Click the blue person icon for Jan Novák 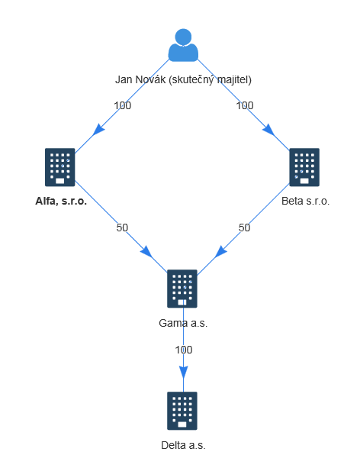coord(183,45)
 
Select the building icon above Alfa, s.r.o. coord(60,167)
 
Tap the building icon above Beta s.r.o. coord(304,167)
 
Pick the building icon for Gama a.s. coord(182,289)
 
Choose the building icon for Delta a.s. coord(182,411)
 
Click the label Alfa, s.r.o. coord(61,201)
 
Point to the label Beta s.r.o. coord(305,201)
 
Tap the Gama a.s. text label coord(183,323)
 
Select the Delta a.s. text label coord(183,445)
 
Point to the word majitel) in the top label coord(234,79)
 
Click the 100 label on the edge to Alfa coord(122,105)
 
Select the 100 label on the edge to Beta coord(245,105)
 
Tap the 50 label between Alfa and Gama coord(122,228)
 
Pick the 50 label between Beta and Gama coord(244,228)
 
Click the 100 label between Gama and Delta coord(183,350)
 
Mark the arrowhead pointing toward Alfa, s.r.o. coord(98,130)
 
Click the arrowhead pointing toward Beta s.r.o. coord(268,130)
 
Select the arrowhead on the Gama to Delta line coord(183,373)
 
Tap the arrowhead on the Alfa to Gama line coord(146,252)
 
